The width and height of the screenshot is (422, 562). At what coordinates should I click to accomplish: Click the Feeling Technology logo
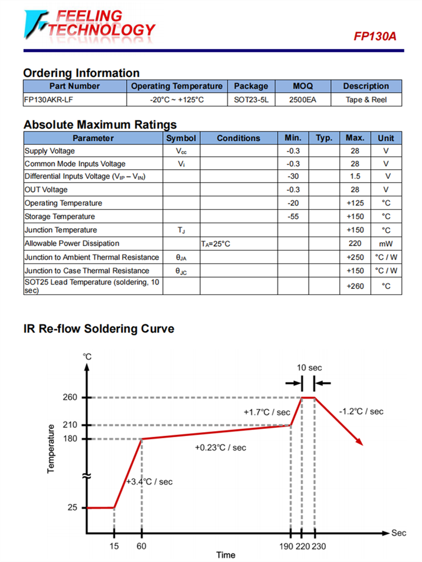(x=87, y=25)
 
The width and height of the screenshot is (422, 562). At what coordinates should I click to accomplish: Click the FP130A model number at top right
(x=375, y=37)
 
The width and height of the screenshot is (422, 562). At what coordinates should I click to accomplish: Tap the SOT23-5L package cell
(x=251, y=100)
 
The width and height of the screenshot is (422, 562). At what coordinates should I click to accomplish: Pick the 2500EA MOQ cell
(x=303, y=100)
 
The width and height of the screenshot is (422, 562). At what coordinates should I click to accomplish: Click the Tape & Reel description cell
(x=366, y=100)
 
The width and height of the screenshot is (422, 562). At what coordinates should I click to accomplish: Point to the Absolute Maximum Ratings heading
(x=100, y=124)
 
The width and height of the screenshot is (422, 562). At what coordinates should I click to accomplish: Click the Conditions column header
(x=239, y=138)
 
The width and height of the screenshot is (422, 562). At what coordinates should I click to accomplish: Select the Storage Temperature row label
(x=60, y=216)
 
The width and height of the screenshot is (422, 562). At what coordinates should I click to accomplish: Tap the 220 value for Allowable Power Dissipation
(x=355, y=243)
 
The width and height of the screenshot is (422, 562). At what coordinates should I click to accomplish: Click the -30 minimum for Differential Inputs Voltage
(x=293, y=176)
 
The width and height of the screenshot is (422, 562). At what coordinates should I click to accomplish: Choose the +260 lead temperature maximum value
(x=355, y=286)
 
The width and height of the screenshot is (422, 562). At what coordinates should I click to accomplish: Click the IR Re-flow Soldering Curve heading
(x=98, y=329)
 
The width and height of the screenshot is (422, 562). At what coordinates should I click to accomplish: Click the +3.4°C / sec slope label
(x=149, y=482)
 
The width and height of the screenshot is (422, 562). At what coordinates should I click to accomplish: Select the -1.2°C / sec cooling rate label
(x=361, y=411)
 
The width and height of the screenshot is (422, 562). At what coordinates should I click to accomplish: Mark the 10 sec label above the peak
(x=309, y=368)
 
